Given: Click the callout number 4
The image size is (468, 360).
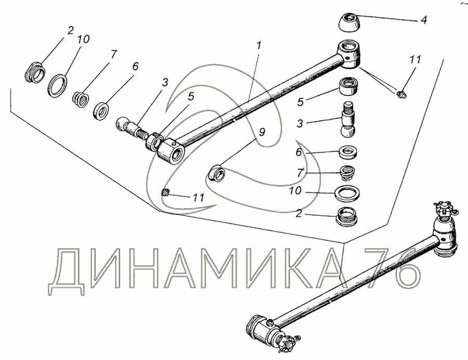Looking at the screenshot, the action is pos(423,20).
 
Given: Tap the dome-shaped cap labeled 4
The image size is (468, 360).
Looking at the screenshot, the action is pos(349,22).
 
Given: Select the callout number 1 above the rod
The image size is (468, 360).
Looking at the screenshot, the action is pos(258,45).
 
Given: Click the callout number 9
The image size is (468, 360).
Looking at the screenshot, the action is pos(262,131).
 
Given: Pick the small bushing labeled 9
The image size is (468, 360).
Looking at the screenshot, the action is pos(216,174).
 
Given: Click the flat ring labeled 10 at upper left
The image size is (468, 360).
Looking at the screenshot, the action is pos(58,86).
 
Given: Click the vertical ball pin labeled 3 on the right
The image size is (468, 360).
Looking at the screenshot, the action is pos(348,119).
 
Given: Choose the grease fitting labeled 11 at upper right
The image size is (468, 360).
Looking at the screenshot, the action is pos(401,94).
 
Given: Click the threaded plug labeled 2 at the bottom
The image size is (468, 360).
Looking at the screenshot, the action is pos(348,217).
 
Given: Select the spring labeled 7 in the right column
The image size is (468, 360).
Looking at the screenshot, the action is pos(347,172).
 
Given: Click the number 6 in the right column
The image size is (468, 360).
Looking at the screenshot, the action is pos(298,152).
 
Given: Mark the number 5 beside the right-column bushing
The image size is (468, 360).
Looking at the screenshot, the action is pos(300,102).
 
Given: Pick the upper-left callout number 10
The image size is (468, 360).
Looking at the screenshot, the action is pos(83,39).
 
